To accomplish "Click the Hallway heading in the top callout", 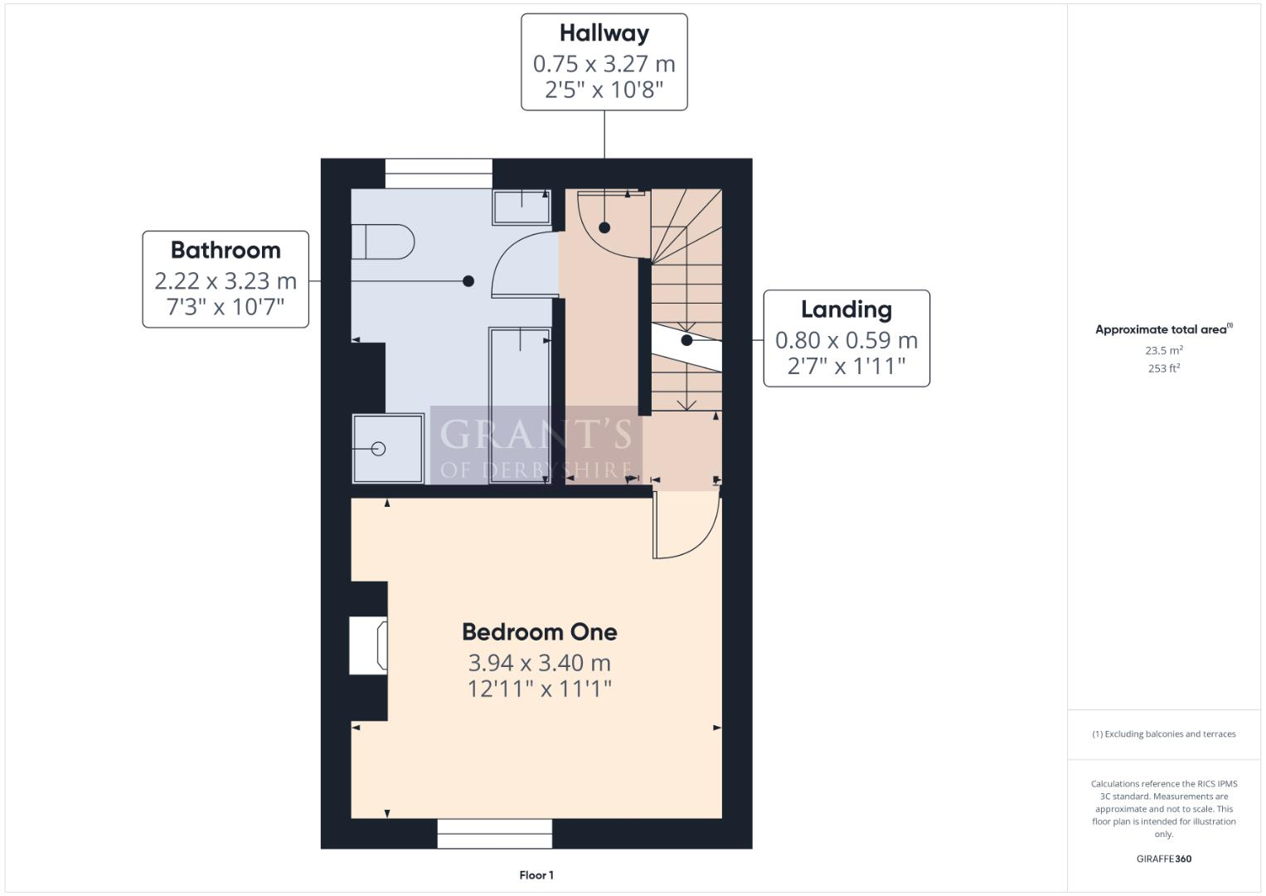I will (604, 33).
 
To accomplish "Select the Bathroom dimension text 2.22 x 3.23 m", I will (226, 281).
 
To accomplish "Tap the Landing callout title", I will (846, 309).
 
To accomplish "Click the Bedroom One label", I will (539, 632).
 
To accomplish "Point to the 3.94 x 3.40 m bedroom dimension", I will (539, 663).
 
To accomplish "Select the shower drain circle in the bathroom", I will (379, 449).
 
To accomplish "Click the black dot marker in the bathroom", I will (468, 281).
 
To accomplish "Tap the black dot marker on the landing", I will (686, 340).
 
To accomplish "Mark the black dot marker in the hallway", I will (605, 227).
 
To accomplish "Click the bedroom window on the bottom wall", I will (494, 834).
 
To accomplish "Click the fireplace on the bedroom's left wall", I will (368, 645).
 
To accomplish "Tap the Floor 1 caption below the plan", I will (536, 875).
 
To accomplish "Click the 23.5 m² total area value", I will (1164, 350).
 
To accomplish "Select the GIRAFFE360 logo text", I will (1163, 859).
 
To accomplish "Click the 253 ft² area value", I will (1164, 368).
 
